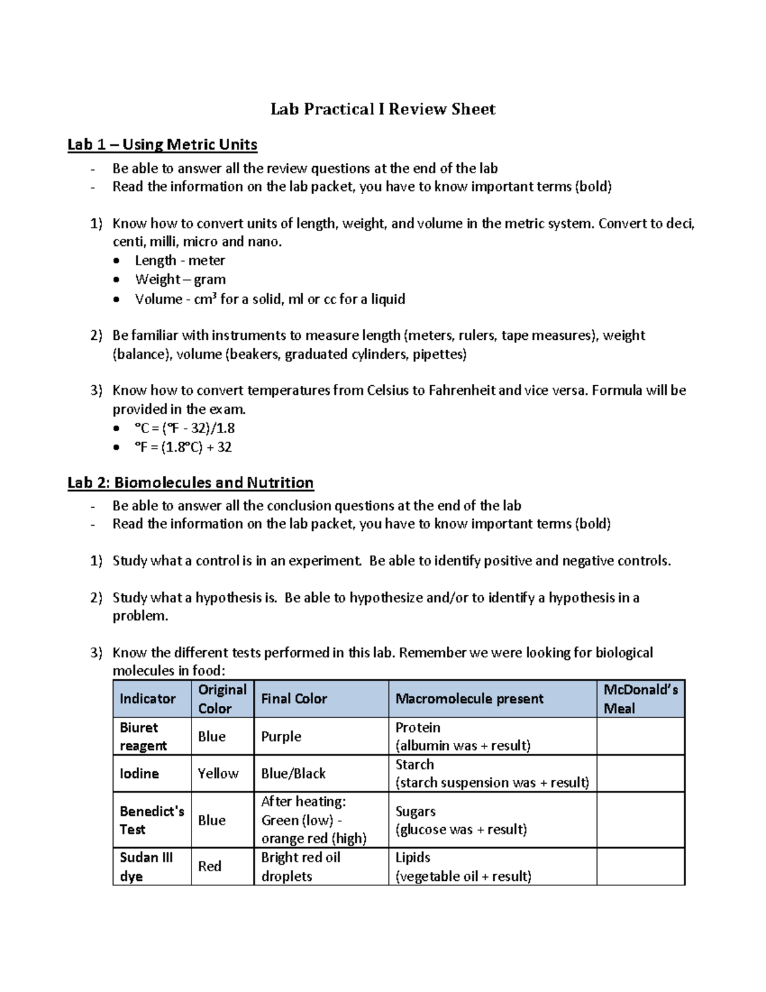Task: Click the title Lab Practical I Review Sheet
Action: click(382, 109)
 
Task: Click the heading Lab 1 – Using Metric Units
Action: click(162, 144)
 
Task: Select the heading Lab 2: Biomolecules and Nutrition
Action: click(190, 482)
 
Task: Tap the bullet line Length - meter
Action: click(179, 261)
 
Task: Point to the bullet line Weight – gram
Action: click(180, 279)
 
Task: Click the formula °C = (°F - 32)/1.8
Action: click(184, 428)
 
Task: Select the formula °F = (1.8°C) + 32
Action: click(183, 447)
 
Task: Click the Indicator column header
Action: click(147, 699)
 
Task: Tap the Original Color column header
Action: click(222, 699)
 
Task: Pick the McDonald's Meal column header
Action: click(640, 699)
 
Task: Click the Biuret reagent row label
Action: click(143, 736)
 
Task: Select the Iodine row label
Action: click(139, 774)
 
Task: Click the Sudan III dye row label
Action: click(146, 867)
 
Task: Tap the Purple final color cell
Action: click(281, 736)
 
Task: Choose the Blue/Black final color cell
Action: click(293, 774)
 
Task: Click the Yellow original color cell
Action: click(218, 774)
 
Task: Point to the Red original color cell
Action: click(209, 867)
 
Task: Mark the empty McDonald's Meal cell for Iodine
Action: click(640, 774)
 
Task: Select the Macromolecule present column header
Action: click(469, 699)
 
